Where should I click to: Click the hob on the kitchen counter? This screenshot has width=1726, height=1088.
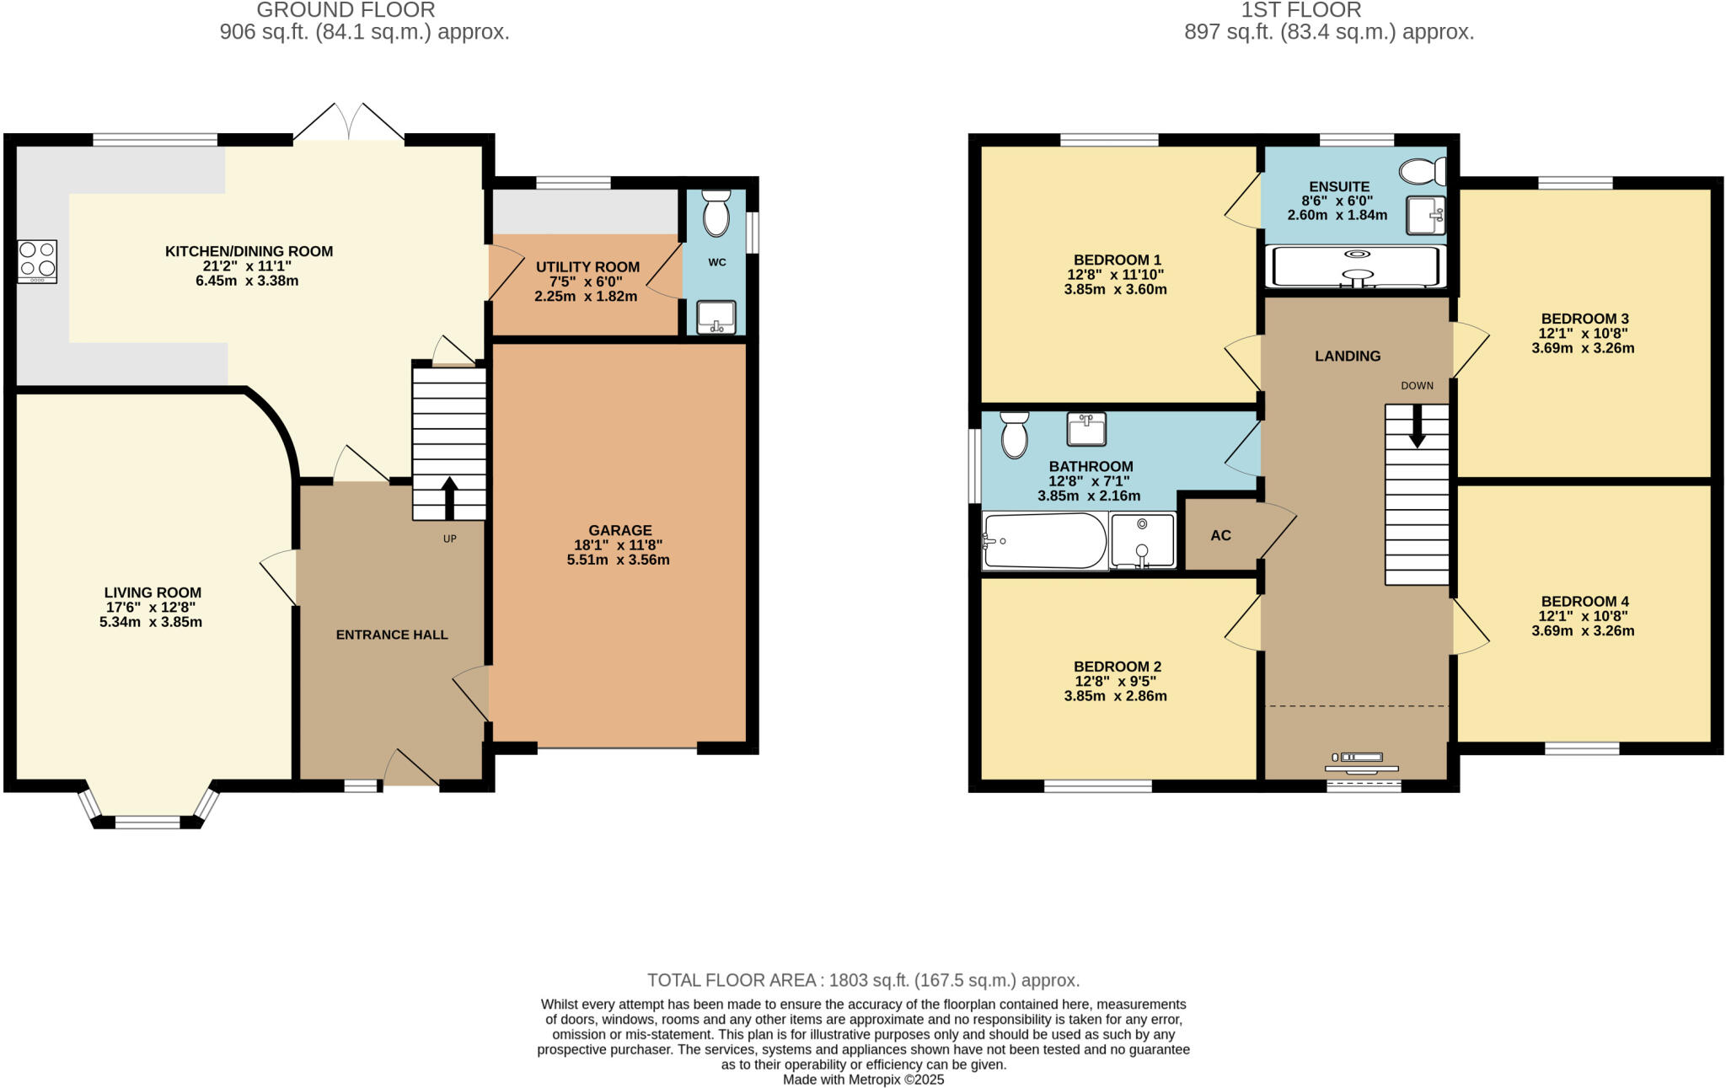pyautogui.click(x=37, y=260)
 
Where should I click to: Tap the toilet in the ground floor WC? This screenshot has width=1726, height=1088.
pyautogui.click(x=716, y=213)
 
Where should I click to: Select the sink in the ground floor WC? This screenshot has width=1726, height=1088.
pyautogui.click(x=716, y=318)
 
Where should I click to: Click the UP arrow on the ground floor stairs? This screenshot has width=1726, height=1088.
pyautogui.click(x=449, y=497)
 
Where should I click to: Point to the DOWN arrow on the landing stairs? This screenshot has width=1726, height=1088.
pyautogui.click(x=1418, y=426)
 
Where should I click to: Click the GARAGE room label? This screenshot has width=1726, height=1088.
pyautogui.click(x=619, y=530)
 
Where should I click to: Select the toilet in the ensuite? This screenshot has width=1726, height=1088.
pyautogui.click(x=1422, y=172)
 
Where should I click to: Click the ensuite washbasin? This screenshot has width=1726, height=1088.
pyautogui.click(x=1426, y=216)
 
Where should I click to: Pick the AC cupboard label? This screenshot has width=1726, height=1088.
pyautogui.click(x=1220, y=535)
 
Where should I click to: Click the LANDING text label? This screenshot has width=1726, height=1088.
pyautogui.click(x=1348, y=356)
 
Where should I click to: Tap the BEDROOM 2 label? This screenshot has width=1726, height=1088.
pyautogui.click(x=1117, y=667)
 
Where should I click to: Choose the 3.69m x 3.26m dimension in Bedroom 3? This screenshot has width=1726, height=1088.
pyautogui.click(x=1583, y=348)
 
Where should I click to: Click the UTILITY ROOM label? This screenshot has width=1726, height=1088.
pyautogui.click(x=587, y=267)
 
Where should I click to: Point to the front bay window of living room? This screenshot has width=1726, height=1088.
pyautogui.click(x=147, y=820)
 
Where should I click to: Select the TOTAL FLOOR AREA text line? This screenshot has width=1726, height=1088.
pyautogui.click(x=863, y=980)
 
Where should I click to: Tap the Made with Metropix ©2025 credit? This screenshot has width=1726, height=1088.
pyautogui.click(x=863, y=1080)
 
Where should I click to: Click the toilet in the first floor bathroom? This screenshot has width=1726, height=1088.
pyautogui.click(x=1015, y=435)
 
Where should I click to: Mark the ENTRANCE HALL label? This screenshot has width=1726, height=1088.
pyautogui.click(x=392, y=635)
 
